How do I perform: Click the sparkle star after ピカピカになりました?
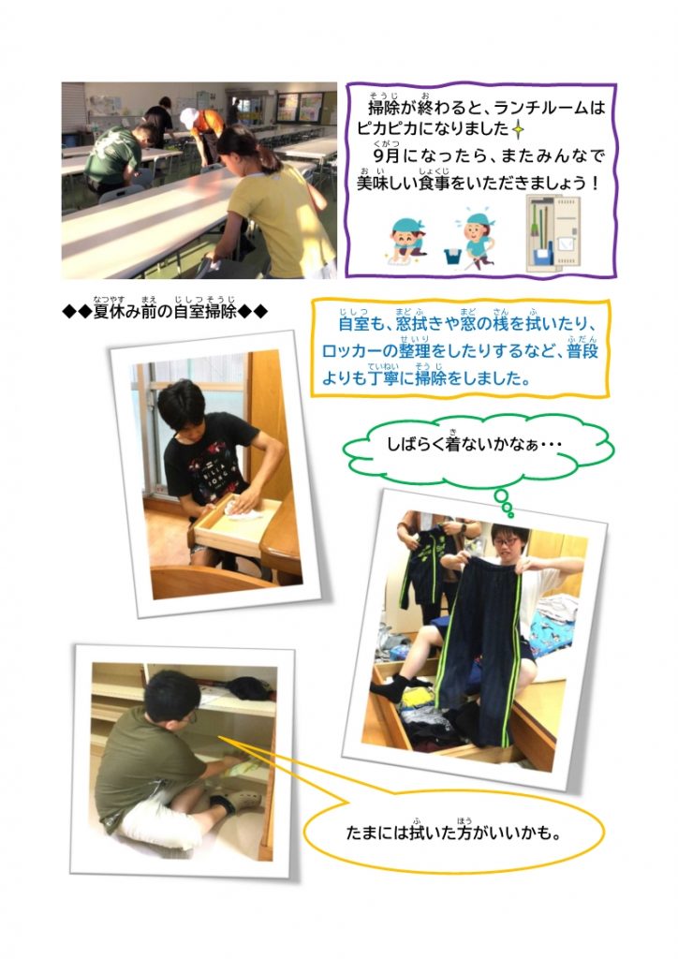(519, 129)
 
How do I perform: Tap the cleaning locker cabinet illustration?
(553, 232)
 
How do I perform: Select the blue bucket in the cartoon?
(453, 256)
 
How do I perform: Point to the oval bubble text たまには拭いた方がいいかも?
(453, 832)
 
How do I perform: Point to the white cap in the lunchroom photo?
(189, 117)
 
